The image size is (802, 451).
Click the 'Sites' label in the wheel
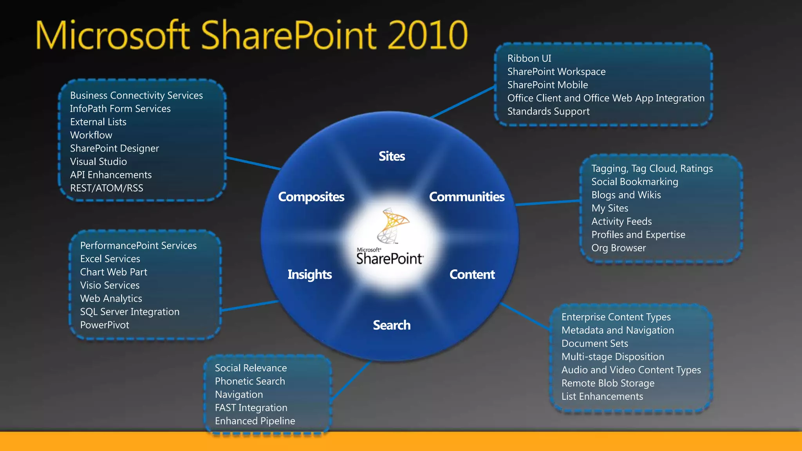392,156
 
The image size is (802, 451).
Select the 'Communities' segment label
466,197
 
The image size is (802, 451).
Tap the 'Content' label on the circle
472,274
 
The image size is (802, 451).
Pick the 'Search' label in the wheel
392,325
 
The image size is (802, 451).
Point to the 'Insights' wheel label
309,274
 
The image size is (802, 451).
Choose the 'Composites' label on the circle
311,197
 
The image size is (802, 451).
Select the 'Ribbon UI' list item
529,58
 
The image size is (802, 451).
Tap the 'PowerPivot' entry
105,325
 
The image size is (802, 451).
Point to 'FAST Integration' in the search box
251,408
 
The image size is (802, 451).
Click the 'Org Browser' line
618,248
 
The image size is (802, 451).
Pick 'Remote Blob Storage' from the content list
608,383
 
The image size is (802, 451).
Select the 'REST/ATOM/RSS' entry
107,188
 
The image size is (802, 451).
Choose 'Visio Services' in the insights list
110,285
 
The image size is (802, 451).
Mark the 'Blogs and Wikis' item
626,195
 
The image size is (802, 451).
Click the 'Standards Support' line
548,112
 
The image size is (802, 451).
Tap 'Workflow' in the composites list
91,135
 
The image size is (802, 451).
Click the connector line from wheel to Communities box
548,202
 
